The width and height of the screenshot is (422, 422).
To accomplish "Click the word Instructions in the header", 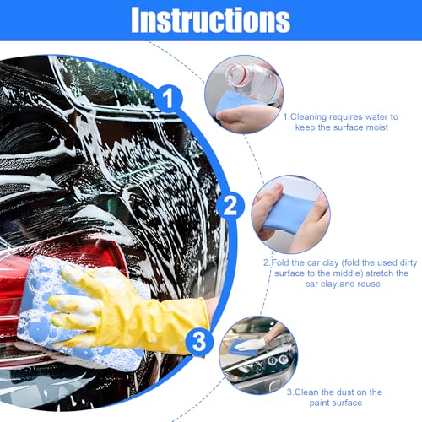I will [210, 19].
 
